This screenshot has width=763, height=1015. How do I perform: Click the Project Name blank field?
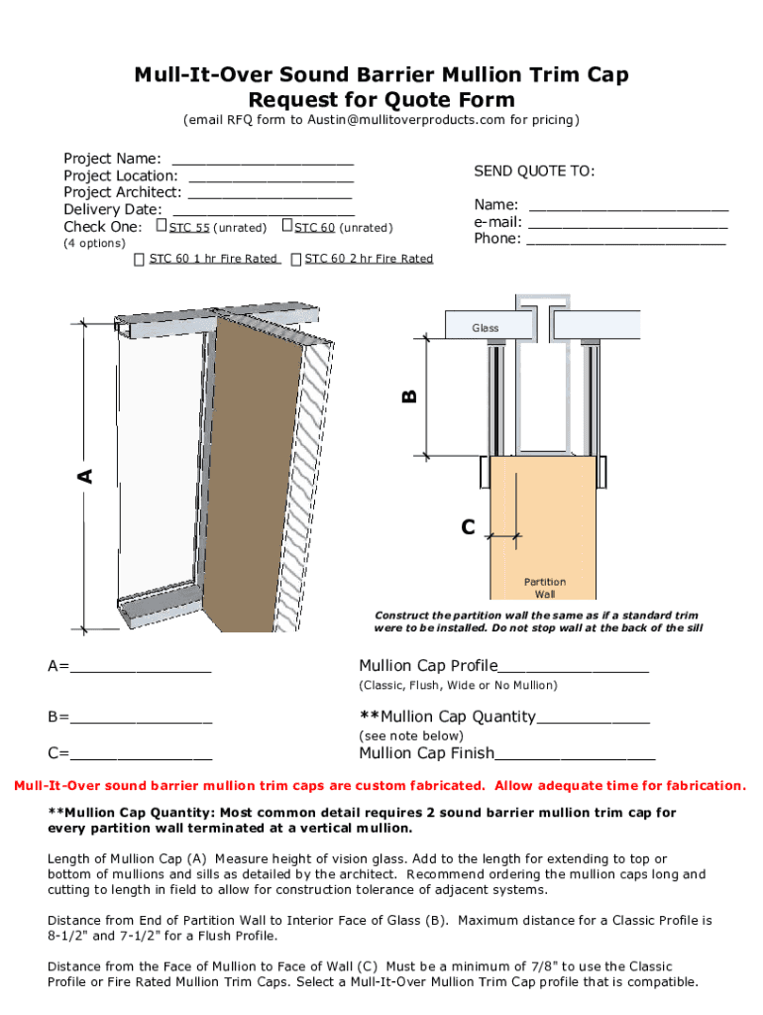[263, 160]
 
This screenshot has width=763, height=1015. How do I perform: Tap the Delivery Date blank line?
[264, 210]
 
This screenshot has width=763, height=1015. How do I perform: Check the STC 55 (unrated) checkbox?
[163, 227]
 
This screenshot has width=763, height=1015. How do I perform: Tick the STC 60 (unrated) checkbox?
[287, 227]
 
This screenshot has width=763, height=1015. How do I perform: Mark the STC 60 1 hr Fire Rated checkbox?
[140, 260]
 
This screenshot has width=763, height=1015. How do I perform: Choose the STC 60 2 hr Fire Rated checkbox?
[296, 260]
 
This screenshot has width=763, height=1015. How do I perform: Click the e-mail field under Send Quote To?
[627, 222]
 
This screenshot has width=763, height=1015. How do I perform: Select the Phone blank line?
[625, 239]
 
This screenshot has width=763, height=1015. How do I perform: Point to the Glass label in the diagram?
[486, 327]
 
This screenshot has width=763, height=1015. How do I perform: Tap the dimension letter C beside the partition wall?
[468, 526]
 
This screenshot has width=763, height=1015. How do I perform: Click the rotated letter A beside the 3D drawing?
[85, 476]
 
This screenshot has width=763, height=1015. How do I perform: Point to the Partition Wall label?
[544, 588]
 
